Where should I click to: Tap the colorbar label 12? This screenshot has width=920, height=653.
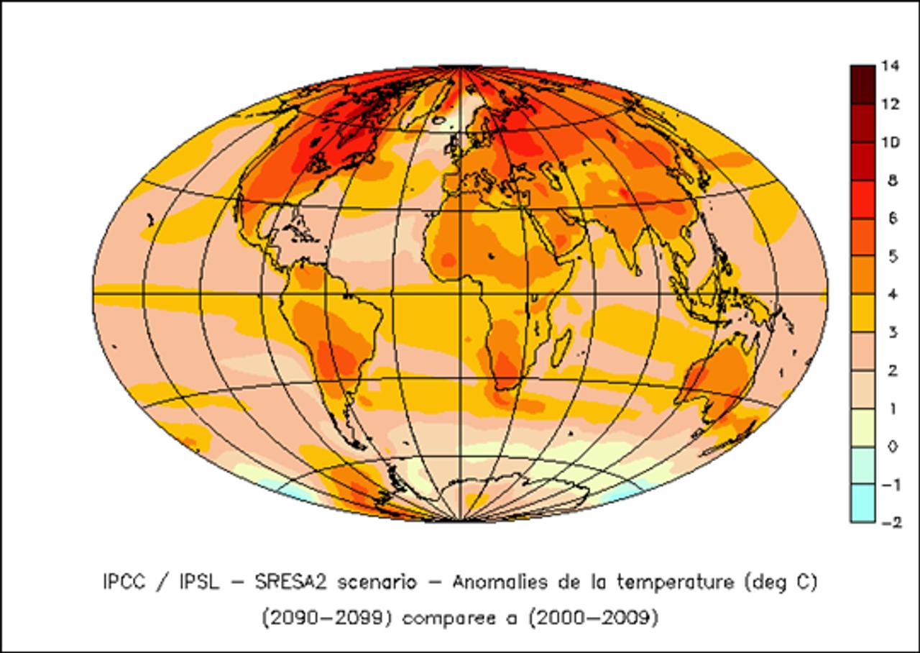pos(891,105)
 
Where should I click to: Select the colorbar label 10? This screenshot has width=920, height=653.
pos(891,143)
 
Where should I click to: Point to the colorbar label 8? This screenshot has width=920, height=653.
pos(893,181)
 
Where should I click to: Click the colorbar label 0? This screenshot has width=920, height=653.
pos(893,447)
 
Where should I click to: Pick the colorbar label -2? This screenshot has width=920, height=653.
pos(890,523)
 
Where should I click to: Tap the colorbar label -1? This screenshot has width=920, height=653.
pos(890,485)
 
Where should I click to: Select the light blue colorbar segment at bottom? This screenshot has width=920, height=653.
pos(862,503)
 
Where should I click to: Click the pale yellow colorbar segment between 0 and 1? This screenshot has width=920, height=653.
pos(862,427)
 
